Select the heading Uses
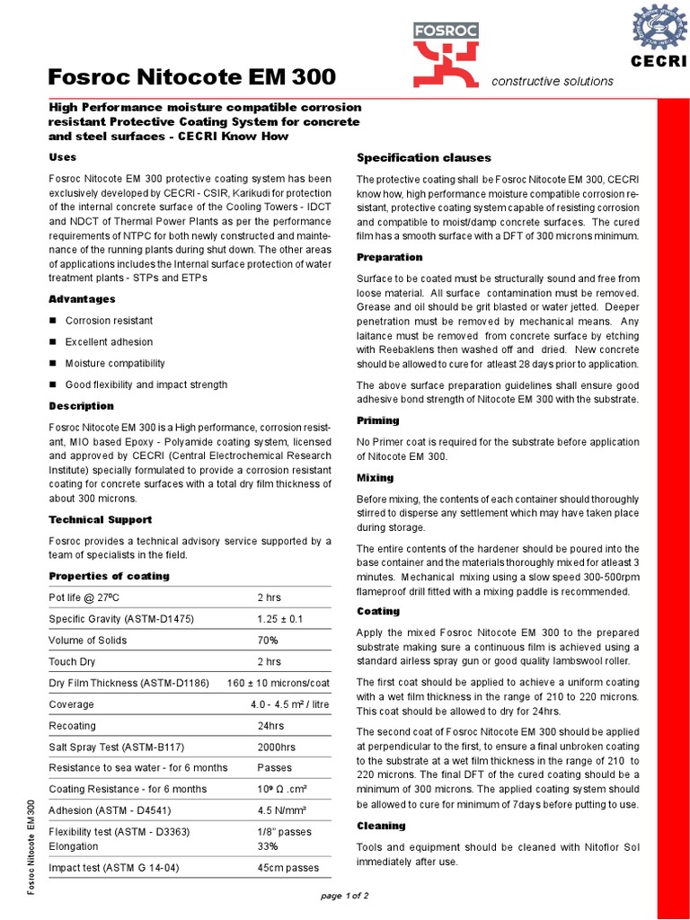[x=62, y=157]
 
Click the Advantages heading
[x=82, y=298]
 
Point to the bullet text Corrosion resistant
[x=109, y=321]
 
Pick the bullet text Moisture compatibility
[x=115, y=363]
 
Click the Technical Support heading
[x=100, y=519]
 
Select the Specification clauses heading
[x=417, y=157]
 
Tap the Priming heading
[x=377, y=420]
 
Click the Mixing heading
[x=375, y=478]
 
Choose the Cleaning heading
[x=381, y=826]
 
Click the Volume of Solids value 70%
[x=268, y=641]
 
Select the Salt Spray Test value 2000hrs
[x=276, y=747]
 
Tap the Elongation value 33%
[x=268, y=846]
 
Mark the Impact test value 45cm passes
[x=287, y=868]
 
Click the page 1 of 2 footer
[x=345, y=896]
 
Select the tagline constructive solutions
[x=553, y=82]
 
